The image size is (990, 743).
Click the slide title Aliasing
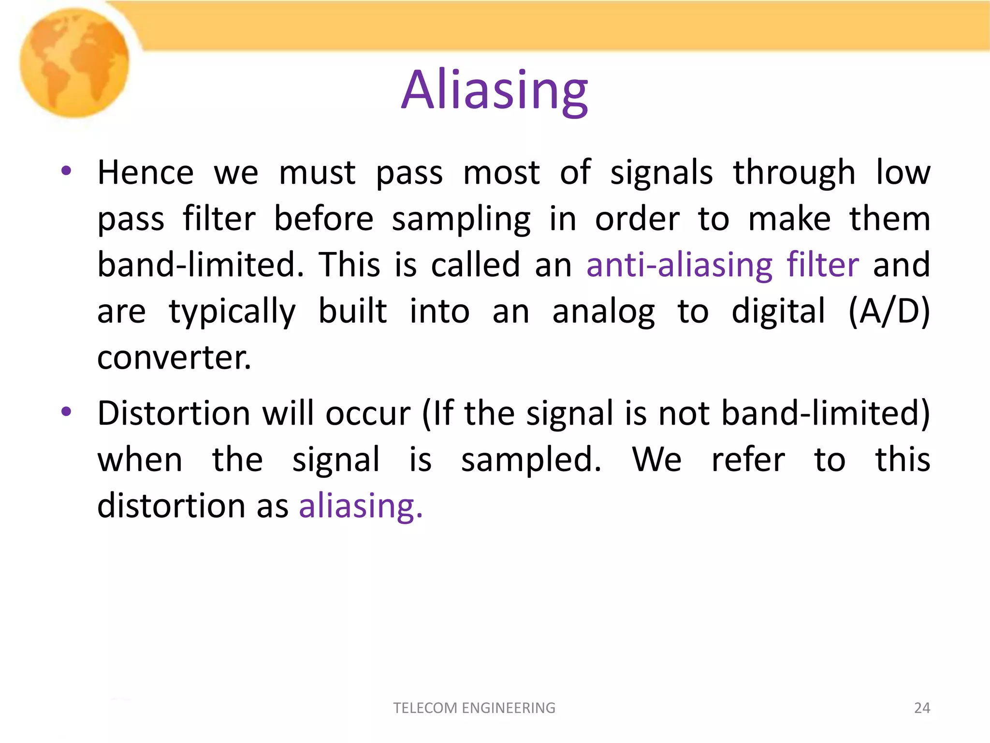[495, 90]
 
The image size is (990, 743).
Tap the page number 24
[922, 708]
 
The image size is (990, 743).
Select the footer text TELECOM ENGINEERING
[474, 708]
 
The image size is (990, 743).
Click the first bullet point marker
[66, 171]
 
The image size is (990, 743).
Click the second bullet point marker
[66, 412]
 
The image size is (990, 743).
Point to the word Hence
[146, 173]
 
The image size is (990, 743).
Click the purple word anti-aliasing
[679, 265]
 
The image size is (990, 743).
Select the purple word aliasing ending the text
[360, 506]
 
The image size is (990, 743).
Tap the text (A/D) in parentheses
[888, 312]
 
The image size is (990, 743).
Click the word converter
[174, 358]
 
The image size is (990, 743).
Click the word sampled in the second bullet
[531, 460]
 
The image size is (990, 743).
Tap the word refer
[748, 460]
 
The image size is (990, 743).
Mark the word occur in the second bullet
[367, 414]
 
